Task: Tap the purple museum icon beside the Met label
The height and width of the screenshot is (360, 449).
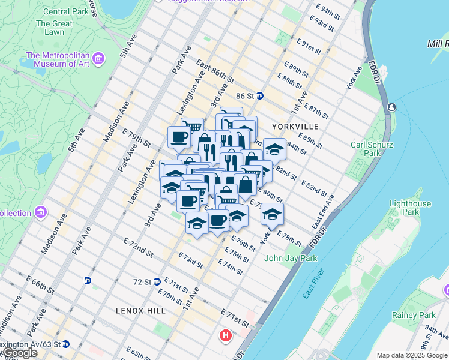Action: [x=99, y=59]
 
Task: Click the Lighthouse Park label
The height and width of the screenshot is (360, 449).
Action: [x=410, y=208]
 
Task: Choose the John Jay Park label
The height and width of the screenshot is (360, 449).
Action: [x=291, y=259]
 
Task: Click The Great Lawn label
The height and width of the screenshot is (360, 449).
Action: [x=54, y=28]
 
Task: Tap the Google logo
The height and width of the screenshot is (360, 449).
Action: [x=19, y=353]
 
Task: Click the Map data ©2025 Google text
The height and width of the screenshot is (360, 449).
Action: [x=412, y=355]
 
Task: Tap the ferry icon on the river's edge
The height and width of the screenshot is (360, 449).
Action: [x=391, y=107]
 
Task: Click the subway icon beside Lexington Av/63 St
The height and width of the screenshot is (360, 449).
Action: [x=66, y=344]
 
